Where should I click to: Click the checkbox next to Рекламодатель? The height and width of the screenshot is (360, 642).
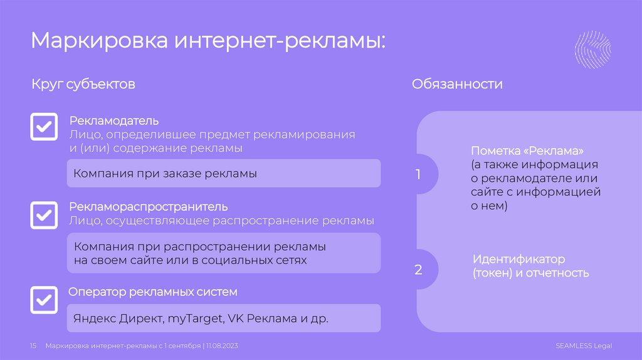pyautogui.click(x=44, y=127)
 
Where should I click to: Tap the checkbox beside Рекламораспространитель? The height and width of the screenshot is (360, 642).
pyautogui.click(x=44, y=216)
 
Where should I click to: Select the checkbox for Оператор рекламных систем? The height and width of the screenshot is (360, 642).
pyautogui.click(x=44, y=300)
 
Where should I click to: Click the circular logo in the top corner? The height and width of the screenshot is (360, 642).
pyautogui.click(x=593, y=50)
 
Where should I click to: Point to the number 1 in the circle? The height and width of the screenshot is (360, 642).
pyautogui.click(x=418, y=175)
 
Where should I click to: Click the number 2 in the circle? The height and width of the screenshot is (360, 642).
pyautogui.click(x=418, y=270)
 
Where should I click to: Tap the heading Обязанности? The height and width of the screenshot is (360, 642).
pyautogui.click(x=457, y=84)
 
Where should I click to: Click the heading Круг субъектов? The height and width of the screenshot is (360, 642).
pyautogui.click(x=83, y=84)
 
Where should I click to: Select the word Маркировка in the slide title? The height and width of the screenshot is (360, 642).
pyautogui.click(x=99, y=41)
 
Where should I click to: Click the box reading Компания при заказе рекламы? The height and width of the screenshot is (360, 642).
pyautogui.click(x=223, y=173)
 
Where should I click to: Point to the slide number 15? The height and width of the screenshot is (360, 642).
pyautogui.click(x=34, y=346)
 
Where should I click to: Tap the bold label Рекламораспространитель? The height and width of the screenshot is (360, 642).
pyautogui.click(x=148, y=206)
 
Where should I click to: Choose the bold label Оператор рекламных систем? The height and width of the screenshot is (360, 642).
pyautogui.click(x=153, y=292)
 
